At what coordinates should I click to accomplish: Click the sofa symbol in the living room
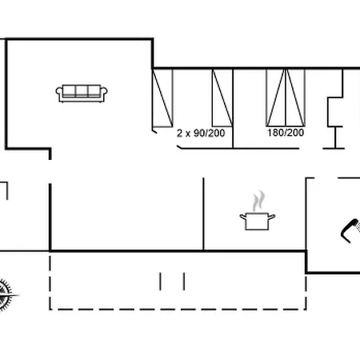[82, 94]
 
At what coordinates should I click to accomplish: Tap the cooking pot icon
[258, 221]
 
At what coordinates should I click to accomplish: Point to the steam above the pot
[259, 202]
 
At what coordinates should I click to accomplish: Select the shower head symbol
[351, 230]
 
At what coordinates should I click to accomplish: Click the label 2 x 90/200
[201, 133]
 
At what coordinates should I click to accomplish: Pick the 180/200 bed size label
[286, 133]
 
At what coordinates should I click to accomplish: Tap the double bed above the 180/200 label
[286, 98]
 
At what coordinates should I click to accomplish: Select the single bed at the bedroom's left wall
[162, 98]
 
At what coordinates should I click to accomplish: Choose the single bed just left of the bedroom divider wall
[222, 98]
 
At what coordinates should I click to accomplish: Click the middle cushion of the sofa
[82, 90]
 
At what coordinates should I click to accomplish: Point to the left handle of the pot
[242, 216]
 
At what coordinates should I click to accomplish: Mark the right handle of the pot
[272, 216]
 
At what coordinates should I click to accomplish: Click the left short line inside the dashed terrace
[160, 282]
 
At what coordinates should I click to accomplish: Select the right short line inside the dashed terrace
[184, 282]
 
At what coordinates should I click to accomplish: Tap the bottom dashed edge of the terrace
[178, 310]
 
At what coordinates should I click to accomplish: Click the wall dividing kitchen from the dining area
[203, 214]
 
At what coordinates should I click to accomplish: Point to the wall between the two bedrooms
[233, 109]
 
